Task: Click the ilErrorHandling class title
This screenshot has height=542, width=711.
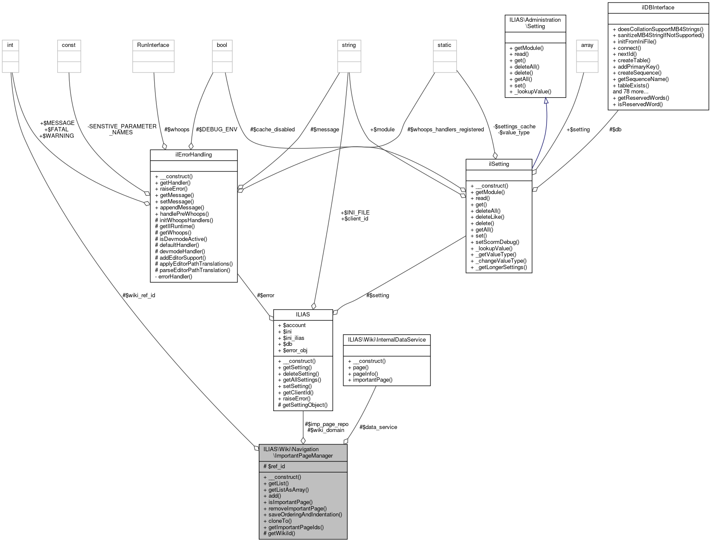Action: point(193,154)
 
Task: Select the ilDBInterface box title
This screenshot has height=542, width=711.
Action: point(658,7)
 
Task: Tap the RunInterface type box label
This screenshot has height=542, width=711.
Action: point(153,45)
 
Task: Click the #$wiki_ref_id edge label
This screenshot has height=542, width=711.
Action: point(139,295)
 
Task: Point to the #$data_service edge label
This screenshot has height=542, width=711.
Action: point(378,427)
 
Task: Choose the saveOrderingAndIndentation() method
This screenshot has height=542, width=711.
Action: point(305,514)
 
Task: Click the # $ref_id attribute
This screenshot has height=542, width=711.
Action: point(274,466)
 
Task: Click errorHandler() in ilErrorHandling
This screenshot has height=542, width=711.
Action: point(175,276)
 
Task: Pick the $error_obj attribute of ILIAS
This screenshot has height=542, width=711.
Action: point(295,350)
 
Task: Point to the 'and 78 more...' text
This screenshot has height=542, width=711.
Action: point(630,91)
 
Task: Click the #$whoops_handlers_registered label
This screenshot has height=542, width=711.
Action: point(445,129)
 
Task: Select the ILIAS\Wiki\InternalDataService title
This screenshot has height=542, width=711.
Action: point(386,339)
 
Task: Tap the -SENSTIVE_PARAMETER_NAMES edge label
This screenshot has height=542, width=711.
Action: point(122,129)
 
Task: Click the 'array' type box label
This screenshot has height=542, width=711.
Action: point(587,45)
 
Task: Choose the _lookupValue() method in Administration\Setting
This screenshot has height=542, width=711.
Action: point(533,91)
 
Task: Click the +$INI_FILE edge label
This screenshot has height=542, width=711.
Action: point(355,212)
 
